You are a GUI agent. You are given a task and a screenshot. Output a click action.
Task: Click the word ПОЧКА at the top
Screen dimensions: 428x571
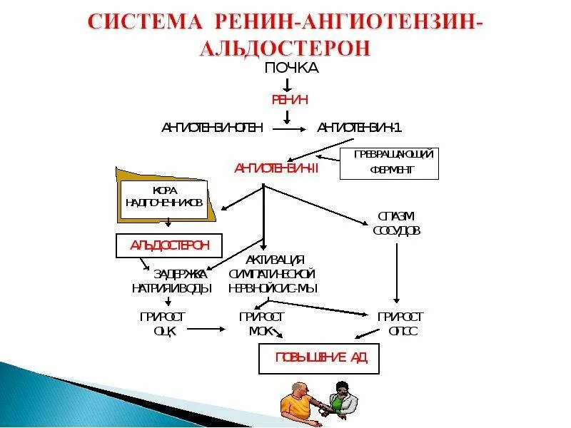[x=291, y=68]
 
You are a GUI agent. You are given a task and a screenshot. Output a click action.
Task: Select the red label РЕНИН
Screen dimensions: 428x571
[x=290, y=100]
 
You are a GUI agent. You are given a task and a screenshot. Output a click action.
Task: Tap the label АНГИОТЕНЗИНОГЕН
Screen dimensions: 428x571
[x=212, y=128]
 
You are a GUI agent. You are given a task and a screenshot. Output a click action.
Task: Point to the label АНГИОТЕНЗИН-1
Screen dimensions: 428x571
[x=360, y=128]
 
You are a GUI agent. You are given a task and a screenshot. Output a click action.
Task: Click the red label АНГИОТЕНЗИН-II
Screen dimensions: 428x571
[x=276, y=168]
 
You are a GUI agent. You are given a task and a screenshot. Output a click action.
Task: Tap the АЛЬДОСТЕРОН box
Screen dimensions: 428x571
[x=169, y=245]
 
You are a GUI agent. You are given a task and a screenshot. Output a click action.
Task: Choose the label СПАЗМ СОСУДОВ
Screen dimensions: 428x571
[x=396, y=223]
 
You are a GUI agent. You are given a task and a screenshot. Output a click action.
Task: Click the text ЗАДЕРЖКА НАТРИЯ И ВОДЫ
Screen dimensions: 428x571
[x=172, y=281]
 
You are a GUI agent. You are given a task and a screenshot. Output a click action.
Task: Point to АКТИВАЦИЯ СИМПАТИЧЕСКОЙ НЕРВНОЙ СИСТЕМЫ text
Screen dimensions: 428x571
[x=273, y=274]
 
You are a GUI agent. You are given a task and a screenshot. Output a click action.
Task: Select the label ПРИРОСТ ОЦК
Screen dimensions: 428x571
[x=163, y=323]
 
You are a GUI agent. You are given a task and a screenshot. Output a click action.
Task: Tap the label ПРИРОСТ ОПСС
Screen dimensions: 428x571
[x=400, y=323]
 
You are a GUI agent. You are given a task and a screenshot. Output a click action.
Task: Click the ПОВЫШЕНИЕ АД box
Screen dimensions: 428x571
[x=318, y=358]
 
